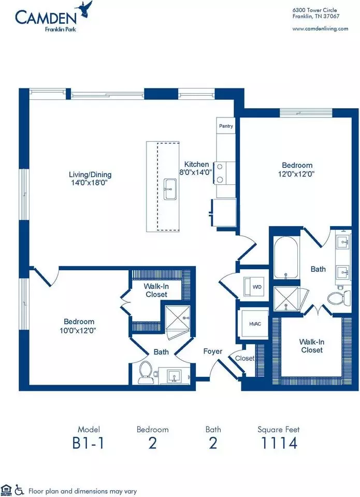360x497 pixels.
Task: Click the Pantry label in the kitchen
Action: coord(226,126)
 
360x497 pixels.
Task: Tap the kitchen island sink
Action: coord(170,189)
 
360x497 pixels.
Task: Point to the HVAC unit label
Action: coord(255,324)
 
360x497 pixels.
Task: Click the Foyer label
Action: coord(212,351)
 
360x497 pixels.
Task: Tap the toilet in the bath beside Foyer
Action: coord(146,372)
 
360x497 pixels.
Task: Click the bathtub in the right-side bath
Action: coord(286,257)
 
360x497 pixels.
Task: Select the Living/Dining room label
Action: coord(90,174)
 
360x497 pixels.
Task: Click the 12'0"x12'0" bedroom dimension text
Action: coord(296,174)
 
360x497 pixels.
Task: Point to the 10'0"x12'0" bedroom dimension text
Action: coord(78,330)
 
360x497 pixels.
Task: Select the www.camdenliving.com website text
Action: coord(320,28)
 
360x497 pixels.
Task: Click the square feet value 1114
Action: coord(279,443)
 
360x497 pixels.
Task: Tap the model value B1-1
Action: coord(88,443)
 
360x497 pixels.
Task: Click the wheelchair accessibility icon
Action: coord(19,490)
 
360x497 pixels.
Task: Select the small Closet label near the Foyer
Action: coord(244,358)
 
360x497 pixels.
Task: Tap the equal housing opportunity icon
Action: coord(6,490)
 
